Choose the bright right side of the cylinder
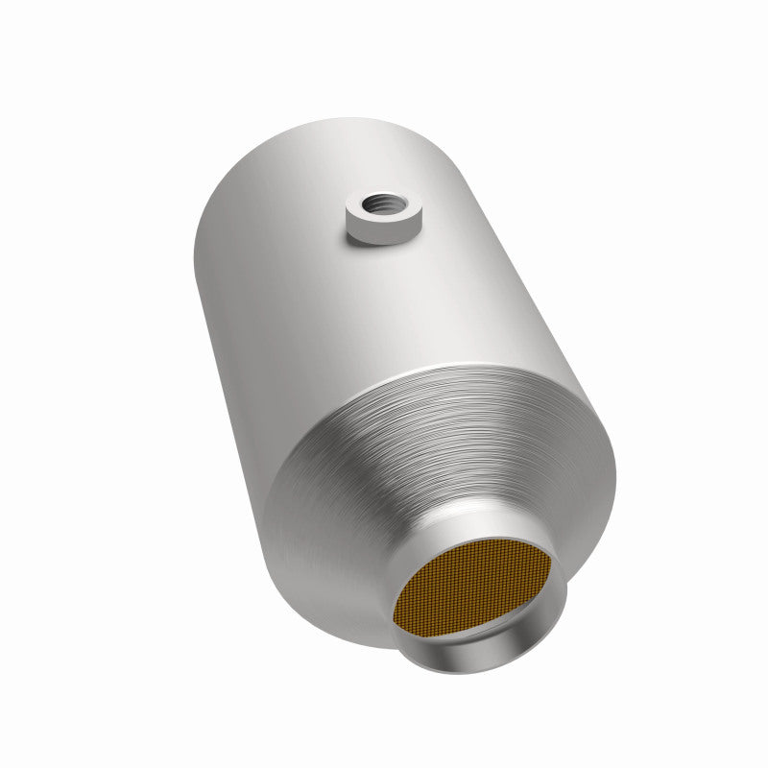click(538, 259)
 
